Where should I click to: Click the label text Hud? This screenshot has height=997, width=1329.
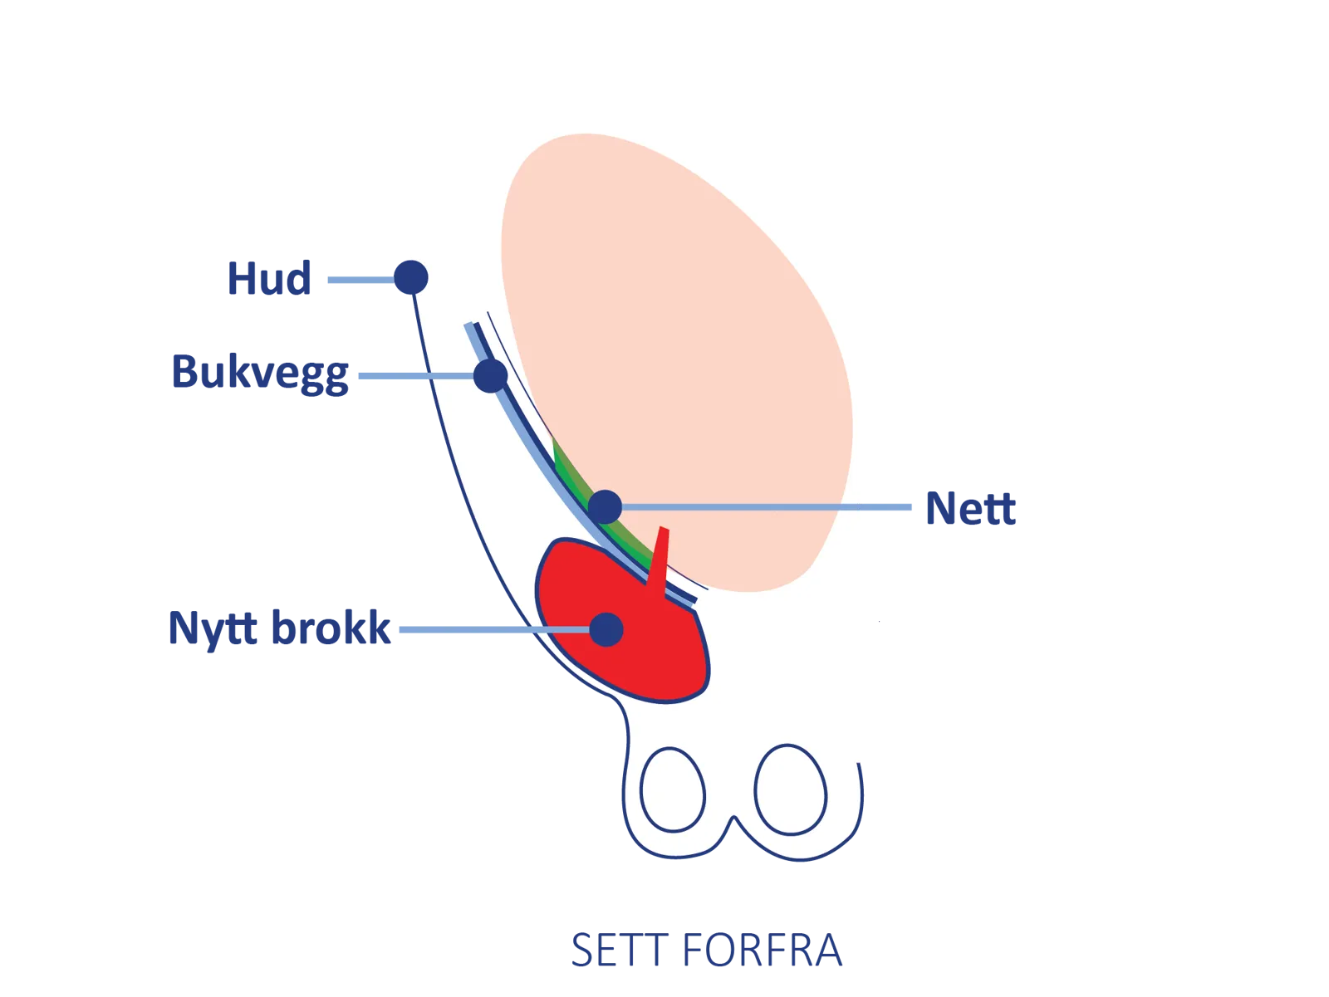269,278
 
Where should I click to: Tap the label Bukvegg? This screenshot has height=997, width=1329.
260,373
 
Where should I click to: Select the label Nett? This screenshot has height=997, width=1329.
970,508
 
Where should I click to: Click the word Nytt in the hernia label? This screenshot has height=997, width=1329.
214,628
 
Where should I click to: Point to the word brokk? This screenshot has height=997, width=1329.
331,628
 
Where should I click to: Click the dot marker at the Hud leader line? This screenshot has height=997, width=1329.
410,276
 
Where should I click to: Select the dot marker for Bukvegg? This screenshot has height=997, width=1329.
491,375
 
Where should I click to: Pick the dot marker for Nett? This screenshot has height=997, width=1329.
606,506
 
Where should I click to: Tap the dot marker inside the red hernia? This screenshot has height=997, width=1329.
606,629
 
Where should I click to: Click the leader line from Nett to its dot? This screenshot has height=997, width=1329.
764,507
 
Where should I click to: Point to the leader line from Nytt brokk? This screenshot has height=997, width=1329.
490,630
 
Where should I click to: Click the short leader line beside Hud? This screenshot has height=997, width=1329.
359,280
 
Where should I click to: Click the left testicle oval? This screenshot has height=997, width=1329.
673,789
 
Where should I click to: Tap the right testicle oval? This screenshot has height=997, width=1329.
790,789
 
